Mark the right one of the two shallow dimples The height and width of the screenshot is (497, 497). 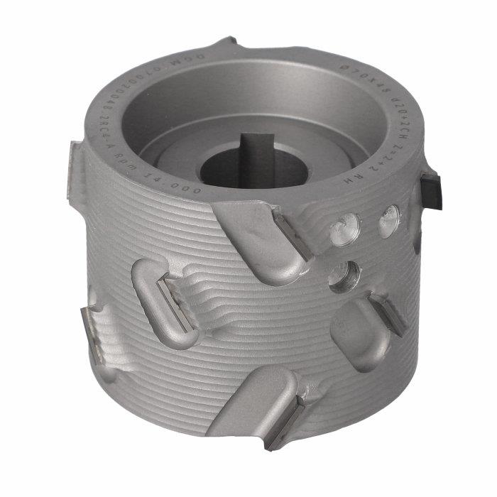pyautogui.click(x=388, y=221)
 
